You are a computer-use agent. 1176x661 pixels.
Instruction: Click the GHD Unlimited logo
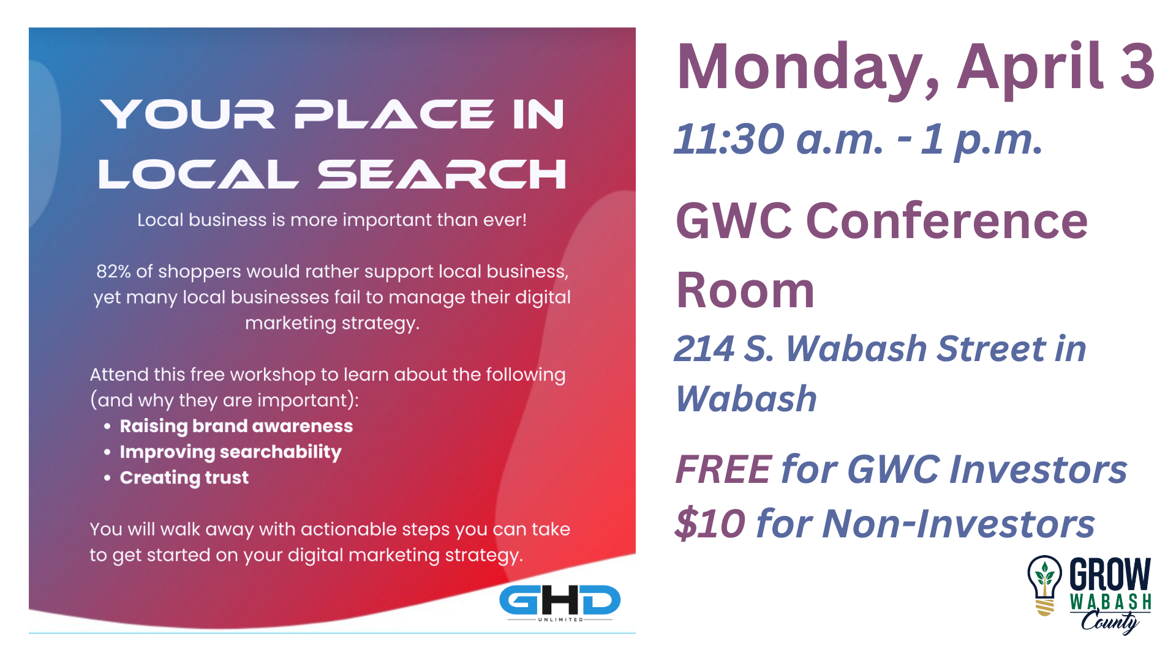coord(560,603)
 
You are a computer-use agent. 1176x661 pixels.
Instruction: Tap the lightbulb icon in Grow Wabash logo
coord(1044,585)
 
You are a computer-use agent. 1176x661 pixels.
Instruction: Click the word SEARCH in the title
coord(442,174)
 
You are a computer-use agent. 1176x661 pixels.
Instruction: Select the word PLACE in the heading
coord(394,114)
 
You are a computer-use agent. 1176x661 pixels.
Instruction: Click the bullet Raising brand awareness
coord(236,426)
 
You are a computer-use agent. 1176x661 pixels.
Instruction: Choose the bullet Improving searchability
coord(230,452)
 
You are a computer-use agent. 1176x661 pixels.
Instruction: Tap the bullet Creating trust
coord(184,477)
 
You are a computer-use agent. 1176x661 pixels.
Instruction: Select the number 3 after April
coord(1137,66)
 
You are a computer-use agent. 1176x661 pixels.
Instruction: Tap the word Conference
coord(946,220)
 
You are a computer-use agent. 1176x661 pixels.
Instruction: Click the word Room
coord(745,290)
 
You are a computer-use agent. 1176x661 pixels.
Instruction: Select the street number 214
coord(704,349)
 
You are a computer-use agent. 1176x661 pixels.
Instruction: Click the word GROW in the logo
coord(1110,574)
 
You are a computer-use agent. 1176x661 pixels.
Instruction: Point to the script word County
coord(1110,621)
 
